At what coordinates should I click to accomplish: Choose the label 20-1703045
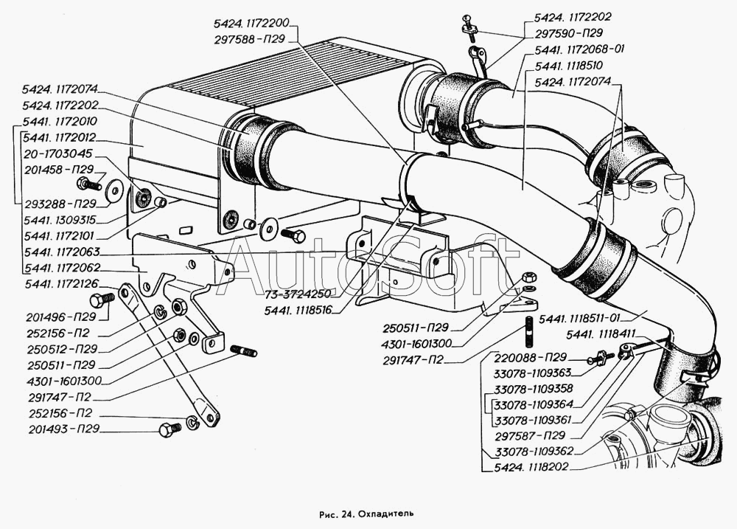(x=57, y=154)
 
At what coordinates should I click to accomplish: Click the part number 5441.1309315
(x=60, y=219)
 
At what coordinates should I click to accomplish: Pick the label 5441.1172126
(x=60, y=283)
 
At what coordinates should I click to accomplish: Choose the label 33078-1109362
(x=534, y=451)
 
